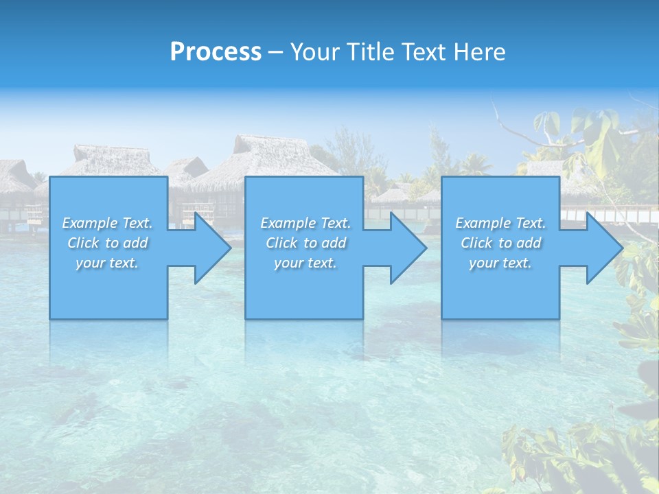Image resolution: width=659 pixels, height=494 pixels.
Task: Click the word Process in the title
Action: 216,52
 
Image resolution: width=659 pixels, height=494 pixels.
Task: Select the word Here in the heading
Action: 480,52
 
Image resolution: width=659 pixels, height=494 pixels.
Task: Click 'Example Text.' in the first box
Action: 107,223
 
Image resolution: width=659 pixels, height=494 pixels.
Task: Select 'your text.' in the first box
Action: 107,263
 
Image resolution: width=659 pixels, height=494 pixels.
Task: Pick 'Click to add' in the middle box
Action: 305,243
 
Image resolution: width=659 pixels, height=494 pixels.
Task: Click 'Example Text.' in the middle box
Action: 305,223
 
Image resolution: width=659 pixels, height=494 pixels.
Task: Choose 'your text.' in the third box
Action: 500,263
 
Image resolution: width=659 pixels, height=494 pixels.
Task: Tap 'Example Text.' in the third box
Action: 500,223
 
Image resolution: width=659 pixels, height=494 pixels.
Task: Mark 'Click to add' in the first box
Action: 107,243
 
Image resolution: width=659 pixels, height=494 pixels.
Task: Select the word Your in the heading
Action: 313,52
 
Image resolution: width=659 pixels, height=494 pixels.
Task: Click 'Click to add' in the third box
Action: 500,243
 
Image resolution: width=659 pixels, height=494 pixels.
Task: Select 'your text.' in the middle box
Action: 305,263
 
